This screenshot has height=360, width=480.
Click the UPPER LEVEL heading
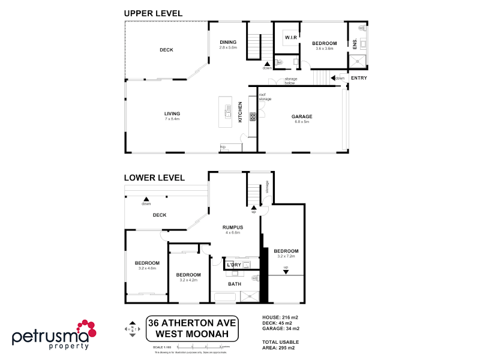pos(153,13)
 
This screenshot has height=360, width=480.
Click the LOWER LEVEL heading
pos(154,178)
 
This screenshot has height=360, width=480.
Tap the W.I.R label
pos(291,38)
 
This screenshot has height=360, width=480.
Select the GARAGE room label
pos(302,116)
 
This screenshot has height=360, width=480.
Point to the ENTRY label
pos(359,78)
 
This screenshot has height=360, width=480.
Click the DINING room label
pos(228,42)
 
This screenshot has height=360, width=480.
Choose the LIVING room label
pos(172,113)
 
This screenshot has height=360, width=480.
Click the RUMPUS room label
pos(232,227)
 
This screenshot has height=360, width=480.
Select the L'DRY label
pos(233,265)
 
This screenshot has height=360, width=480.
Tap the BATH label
pos(234,284)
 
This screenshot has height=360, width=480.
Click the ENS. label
pos(355,44)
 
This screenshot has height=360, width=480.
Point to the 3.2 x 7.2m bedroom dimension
pos(286,256)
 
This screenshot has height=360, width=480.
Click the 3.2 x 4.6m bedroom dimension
pos(147,268)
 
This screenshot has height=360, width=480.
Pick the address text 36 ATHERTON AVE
pos(193,322)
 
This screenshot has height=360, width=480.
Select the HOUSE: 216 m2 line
pos(281,317)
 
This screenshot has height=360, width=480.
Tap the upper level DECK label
pos(166,50)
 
